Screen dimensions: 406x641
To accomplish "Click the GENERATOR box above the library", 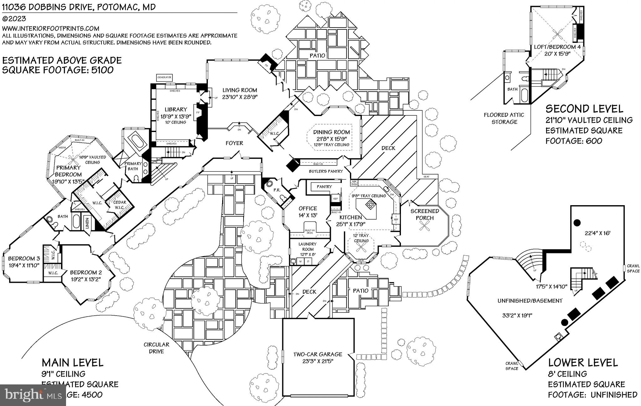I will [x=165, y=77].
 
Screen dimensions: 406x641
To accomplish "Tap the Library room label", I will [x=176, y=109].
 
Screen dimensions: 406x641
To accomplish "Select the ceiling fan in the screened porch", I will [x=425, y=226].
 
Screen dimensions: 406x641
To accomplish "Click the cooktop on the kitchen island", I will [x=370, y=205].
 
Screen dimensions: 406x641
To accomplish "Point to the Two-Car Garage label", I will [x=318, y=354].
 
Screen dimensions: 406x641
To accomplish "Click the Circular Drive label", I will [x=156, y=348].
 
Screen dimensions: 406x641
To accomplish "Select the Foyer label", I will [x=234, y=143].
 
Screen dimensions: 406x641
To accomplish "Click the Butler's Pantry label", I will [x=326, y=171].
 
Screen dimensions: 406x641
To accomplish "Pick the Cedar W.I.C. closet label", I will [x=120, y=205].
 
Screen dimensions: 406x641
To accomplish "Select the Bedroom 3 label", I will [x=24, y=259].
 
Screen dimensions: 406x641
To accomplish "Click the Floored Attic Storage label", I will [x=504, y=118].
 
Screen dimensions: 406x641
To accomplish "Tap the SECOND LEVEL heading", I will [x=584, y=109].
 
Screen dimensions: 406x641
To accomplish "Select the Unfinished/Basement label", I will [x=530, y=301].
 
